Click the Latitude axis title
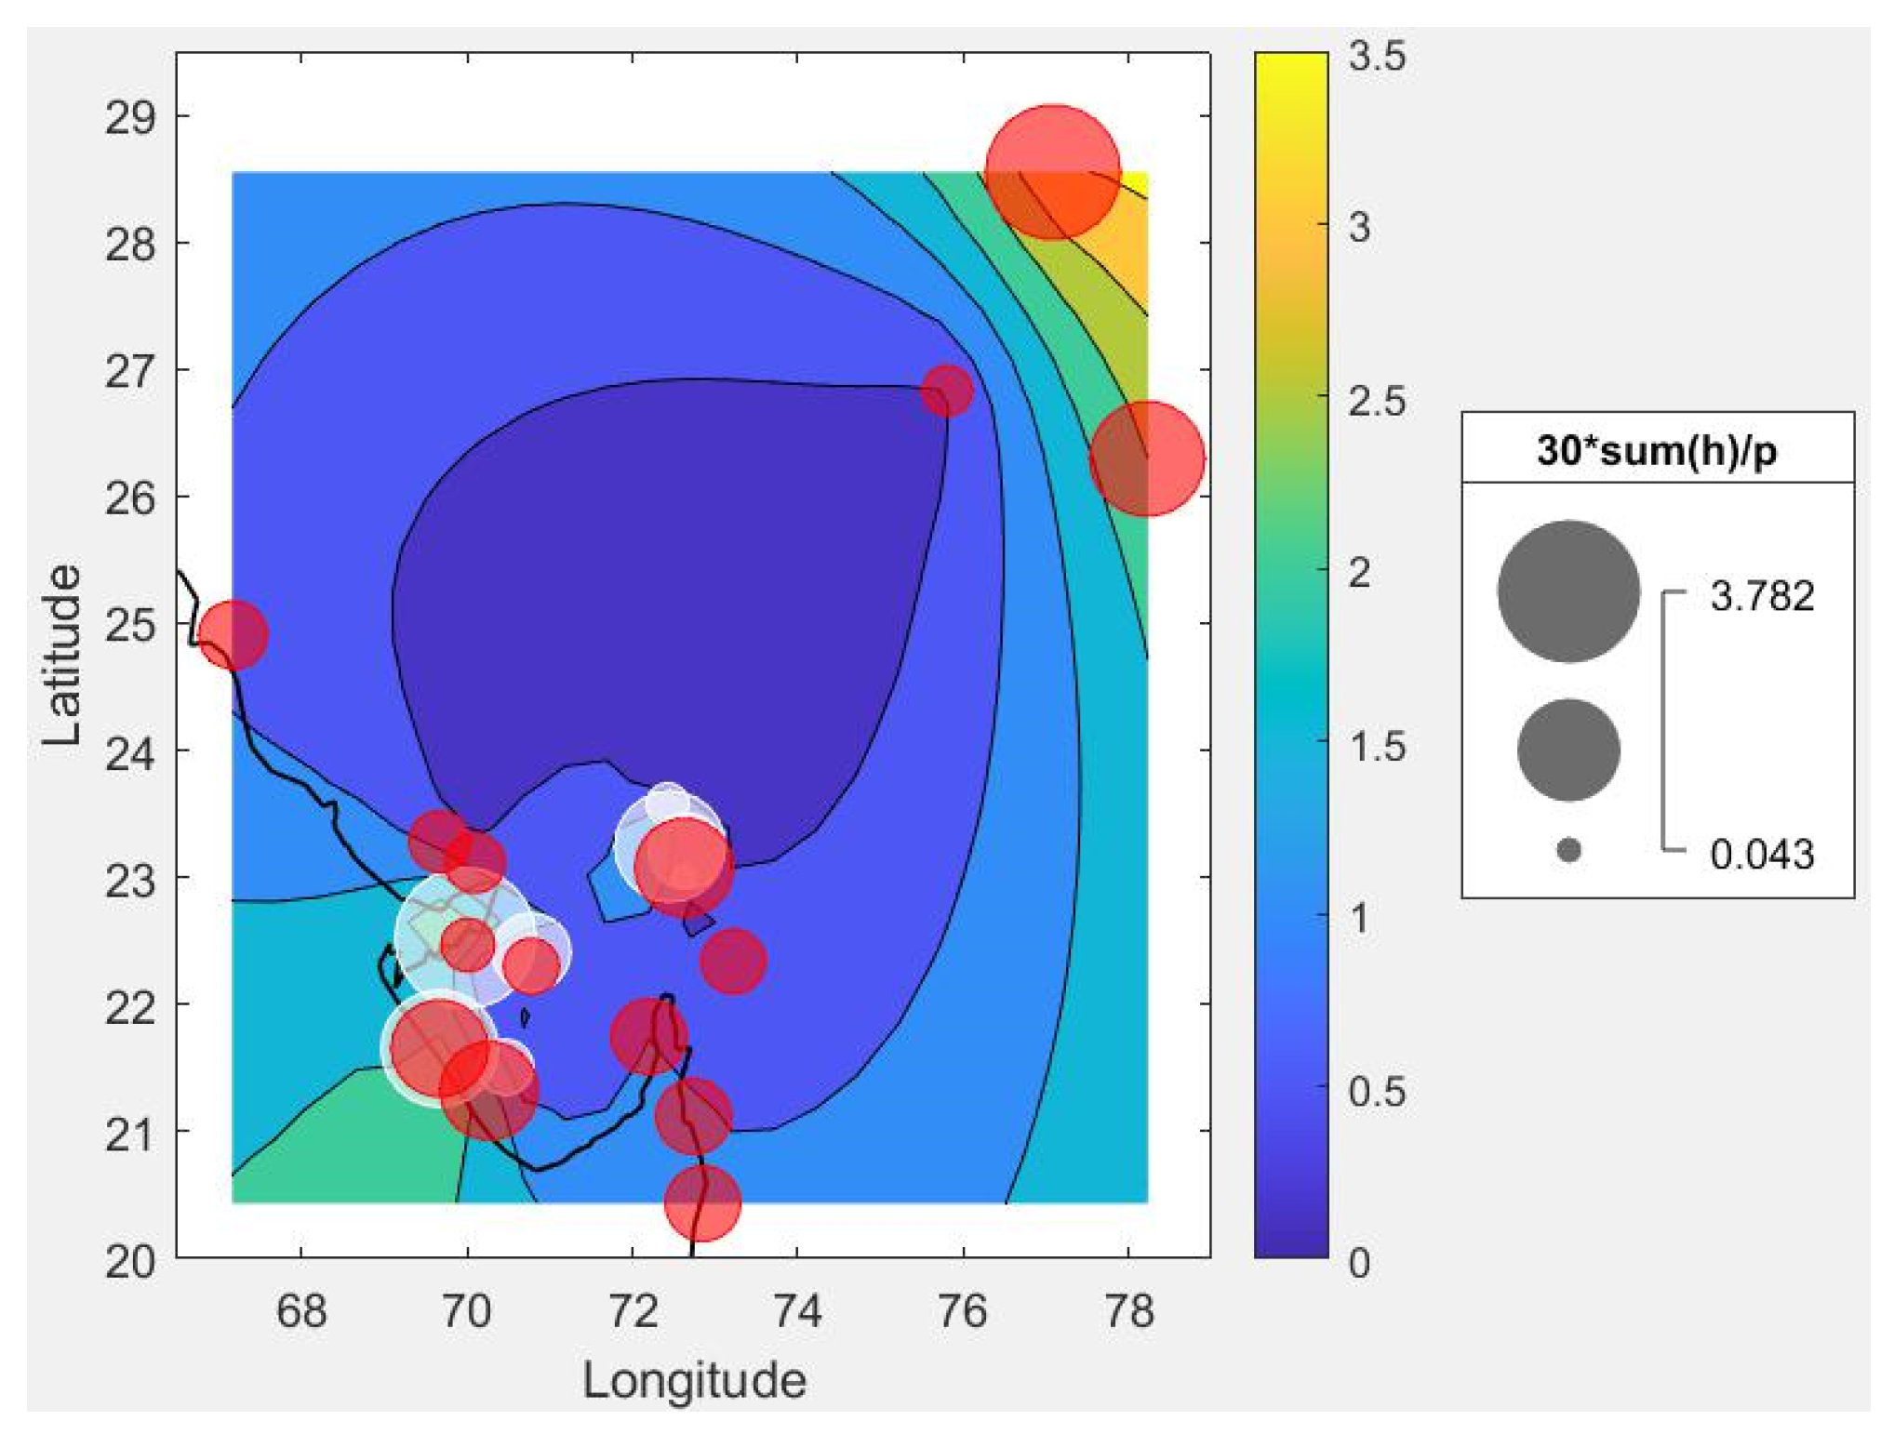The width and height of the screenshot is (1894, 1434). pos(62,655)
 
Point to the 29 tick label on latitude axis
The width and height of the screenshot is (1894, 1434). pos(129,118)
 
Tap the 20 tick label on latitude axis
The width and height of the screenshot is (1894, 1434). pos(129,1261)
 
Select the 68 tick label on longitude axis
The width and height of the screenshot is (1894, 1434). pos(300,1311)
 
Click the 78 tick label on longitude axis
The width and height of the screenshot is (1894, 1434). pos(1128,1311)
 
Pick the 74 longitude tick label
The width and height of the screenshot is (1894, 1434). pos(797,1311)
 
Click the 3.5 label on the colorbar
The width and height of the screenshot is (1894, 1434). pos(1376,57)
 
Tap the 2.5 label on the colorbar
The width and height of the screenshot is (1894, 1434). pos(1376,402)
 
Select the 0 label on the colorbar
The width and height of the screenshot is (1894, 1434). pos(1359,1262)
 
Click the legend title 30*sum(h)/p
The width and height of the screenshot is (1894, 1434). pos(1656,450)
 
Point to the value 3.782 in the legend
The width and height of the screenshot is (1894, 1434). pos(1761,596)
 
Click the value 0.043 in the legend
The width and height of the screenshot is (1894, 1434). pos(1761,854)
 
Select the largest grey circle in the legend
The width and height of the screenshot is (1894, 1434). pos(1568,591)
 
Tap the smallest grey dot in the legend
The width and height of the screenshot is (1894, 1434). pos(1568,850)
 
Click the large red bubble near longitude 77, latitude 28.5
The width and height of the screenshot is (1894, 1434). pos(1052,172)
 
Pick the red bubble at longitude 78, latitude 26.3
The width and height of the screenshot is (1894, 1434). pos(1147,458)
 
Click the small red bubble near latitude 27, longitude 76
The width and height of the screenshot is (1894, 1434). pos(947,390)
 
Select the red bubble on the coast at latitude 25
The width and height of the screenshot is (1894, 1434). pos(233,634)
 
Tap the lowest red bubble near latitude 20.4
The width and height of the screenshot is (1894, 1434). pos(702,1202)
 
